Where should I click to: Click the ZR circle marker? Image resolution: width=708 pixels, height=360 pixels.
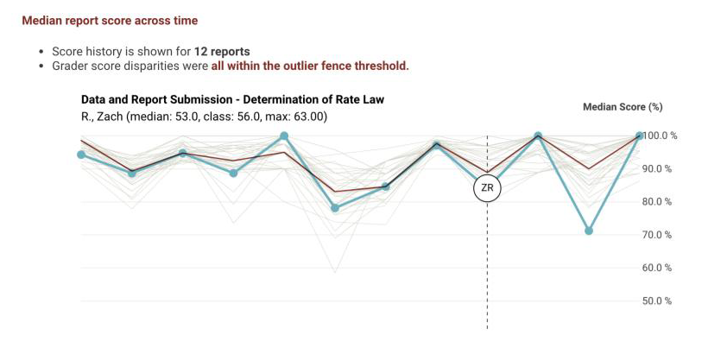[487, 187]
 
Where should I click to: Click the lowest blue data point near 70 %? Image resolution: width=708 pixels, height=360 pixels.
[589, 231]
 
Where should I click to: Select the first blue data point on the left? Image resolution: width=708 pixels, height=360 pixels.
[81, 155]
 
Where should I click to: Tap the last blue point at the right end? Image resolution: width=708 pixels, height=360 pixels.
[640, 136]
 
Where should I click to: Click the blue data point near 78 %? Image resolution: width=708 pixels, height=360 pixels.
[335, 208]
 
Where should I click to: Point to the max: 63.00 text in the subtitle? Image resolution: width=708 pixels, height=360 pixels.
[298, 117]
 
